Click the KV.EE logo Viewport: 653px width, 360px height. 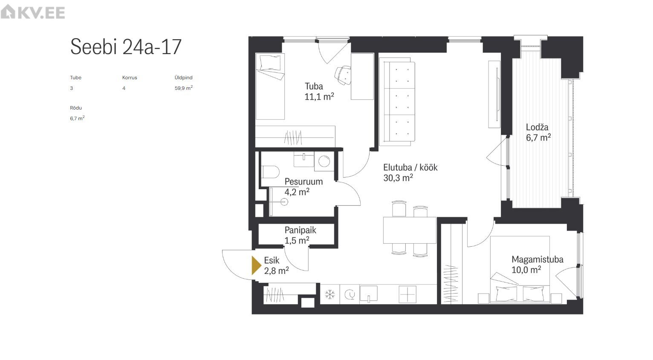[33, 12]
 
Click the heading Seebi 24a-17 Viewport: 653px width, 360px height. [126, 46]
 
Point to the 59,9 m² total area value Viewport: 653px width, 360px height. [184, 88]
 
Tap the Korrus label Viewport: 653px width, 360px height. [130, 78]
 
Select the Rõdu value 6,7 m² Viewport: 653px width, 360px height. [77, 118]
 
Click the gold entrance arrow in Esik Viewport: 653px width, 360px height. [256, 265]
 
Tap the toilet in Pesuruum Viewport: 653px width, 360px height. [270, 172]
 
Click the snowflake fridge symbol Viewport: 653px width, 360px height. [330, 294]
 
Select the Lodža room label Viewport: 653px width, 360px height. [537, 127]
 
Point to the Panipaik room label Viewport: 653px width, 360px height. [300, 230]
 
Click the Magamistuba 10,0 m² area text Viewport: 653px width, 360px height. [526, 269]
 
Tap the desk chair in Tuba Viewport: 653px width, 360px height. [343, 75]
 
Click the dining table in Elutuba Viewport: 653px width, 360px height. [410, 230]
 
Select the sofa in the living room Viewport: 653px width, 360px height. [397, 101]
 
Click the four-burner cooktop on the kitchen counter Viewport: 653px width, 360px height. [407, 294]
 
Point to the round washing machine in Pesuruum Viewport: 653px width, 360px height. [324, 161]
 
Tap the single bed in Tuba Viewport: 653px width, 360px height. [270, 86]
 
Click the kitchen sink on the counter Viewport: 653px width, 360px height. [368, 294]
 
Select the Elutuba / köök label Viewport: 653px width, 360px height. [410, 167]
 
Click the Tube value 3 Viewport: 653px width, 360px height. [72, 88]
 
